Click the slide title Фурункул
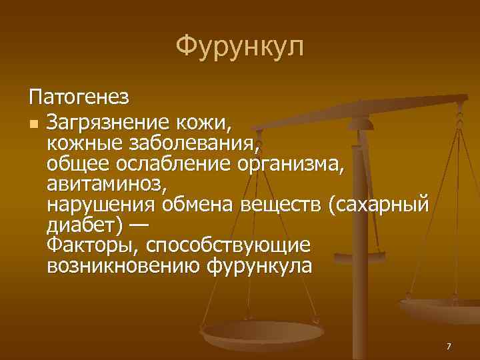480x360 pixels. click(x=240, y=47)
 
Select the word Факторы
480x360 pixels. click(x=89, y=245)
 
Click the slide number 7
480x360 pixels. click(x=449, y=347)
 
